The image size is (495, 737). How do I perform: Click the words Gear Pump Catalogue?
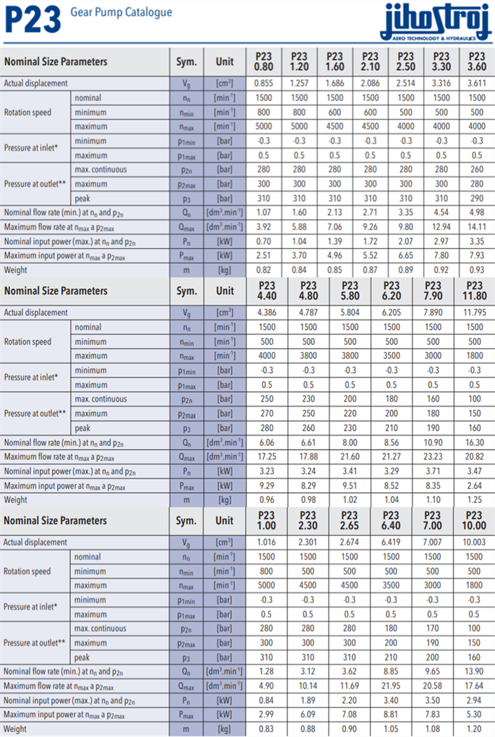121,12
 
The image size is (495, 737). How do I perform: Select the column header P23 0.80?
263,61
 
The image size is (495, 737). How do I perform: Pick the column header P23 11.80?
474,291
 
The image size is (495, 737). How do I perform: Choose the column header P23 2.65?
349,520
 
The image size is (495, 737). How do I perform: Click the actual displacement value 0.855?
263,83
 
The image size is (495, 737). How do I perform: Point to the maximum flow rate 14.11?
476,227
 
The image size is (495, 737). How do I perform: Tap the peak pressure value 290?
476,198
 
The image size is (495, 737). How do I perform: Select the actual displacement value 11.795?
474,313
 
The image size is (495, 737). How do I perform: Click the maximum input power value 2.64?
474,485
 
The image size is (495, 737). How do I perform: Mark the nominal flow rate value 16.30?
474,442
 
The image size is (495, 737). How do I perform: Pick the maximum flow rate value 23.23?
433,456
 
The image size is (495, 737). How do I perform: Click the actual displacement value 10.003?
474,542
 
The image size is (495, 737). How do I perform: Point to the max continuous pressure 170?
433,628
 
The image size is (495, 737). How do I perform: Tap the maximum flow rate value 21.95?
391,686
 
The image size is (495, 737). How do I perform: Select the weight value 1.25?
474,500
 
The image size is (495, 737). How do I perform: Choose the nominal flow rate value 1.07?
263,212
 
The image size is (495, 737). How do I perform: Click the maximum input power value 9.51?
349,485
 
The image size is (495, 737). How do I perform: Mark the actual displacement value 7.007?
433,542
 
